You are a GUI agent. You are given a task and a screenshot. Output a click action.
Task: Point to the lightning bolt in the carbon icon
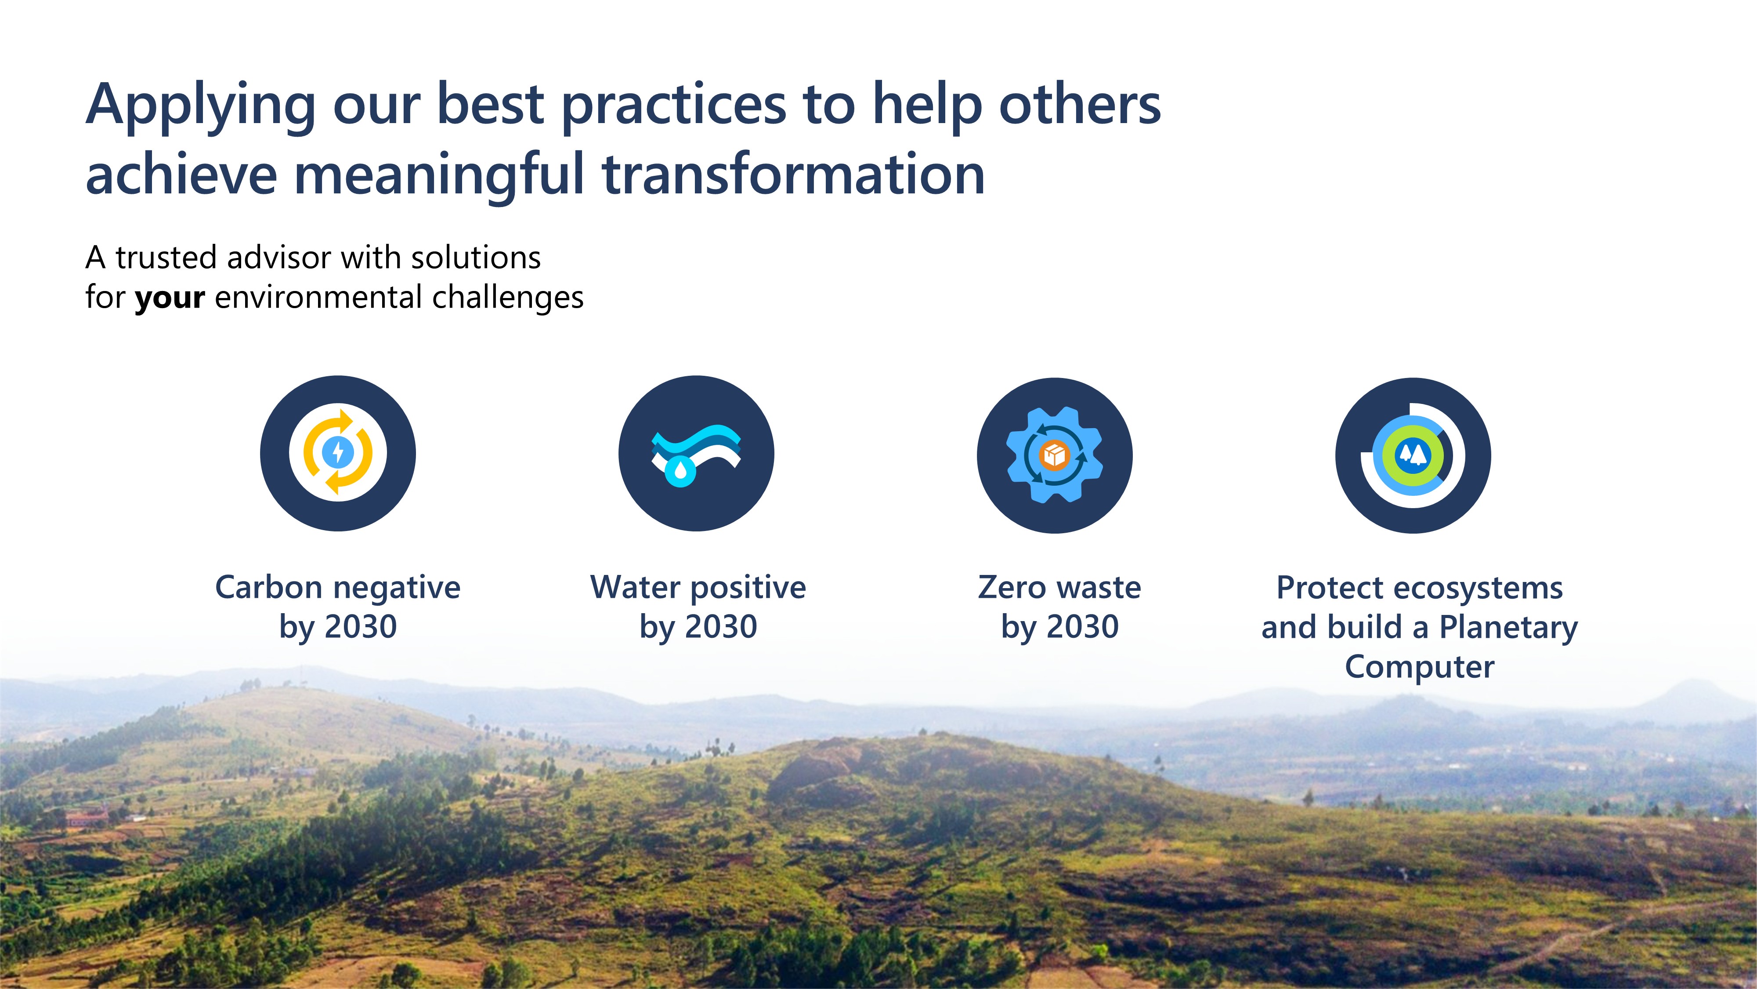[338, 452]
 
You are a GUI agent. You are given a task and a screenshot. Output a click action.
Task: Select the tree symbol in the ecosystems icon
[1413, 453]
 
